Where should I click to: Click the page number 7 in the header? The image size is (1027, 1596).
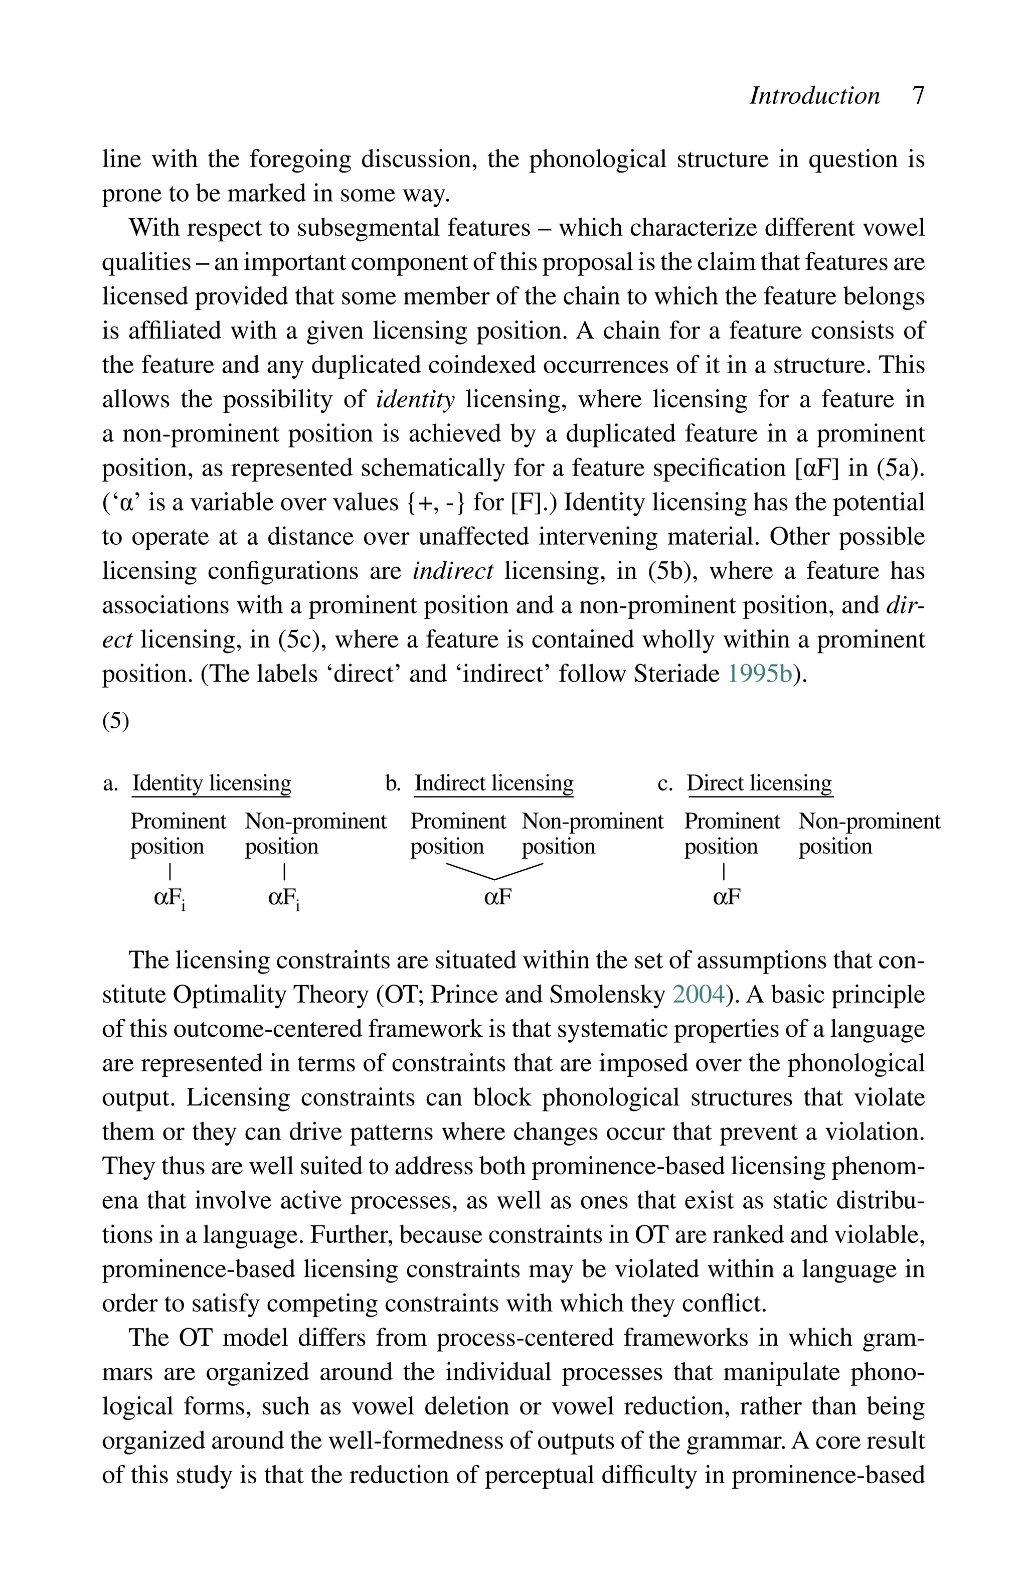(x=918, y=96)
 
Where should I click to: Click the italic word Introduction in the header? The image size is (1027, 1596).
(x=814, y=96)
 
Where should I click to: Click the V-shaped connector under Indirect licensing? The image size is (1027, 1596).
(x=494, y=872)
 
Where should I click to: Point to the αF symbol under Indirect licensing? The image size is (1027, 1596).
(x=497, y=897)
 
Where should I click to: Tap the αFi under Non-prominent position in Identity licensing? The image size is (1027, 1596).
(x=283, y=898)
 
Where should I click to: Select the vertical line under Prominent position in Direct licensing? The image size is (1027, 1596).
(x=724, y=871)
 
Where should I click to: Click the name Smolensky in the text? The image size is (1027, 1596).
(x=607, y=995)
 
